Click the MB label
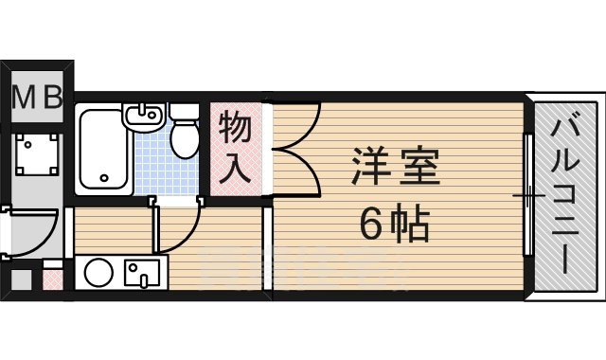pyautogui.click(x=37, y=96)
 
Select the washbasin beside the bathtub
pyautogui.click(x=145, y=119)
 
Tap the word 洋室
pyautogui.click(x=395, y=169)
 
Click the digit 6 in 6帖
pyautogui.click(x=371, y=225)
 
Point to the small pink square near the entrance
pyautogui.click(x=53, y=280)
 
